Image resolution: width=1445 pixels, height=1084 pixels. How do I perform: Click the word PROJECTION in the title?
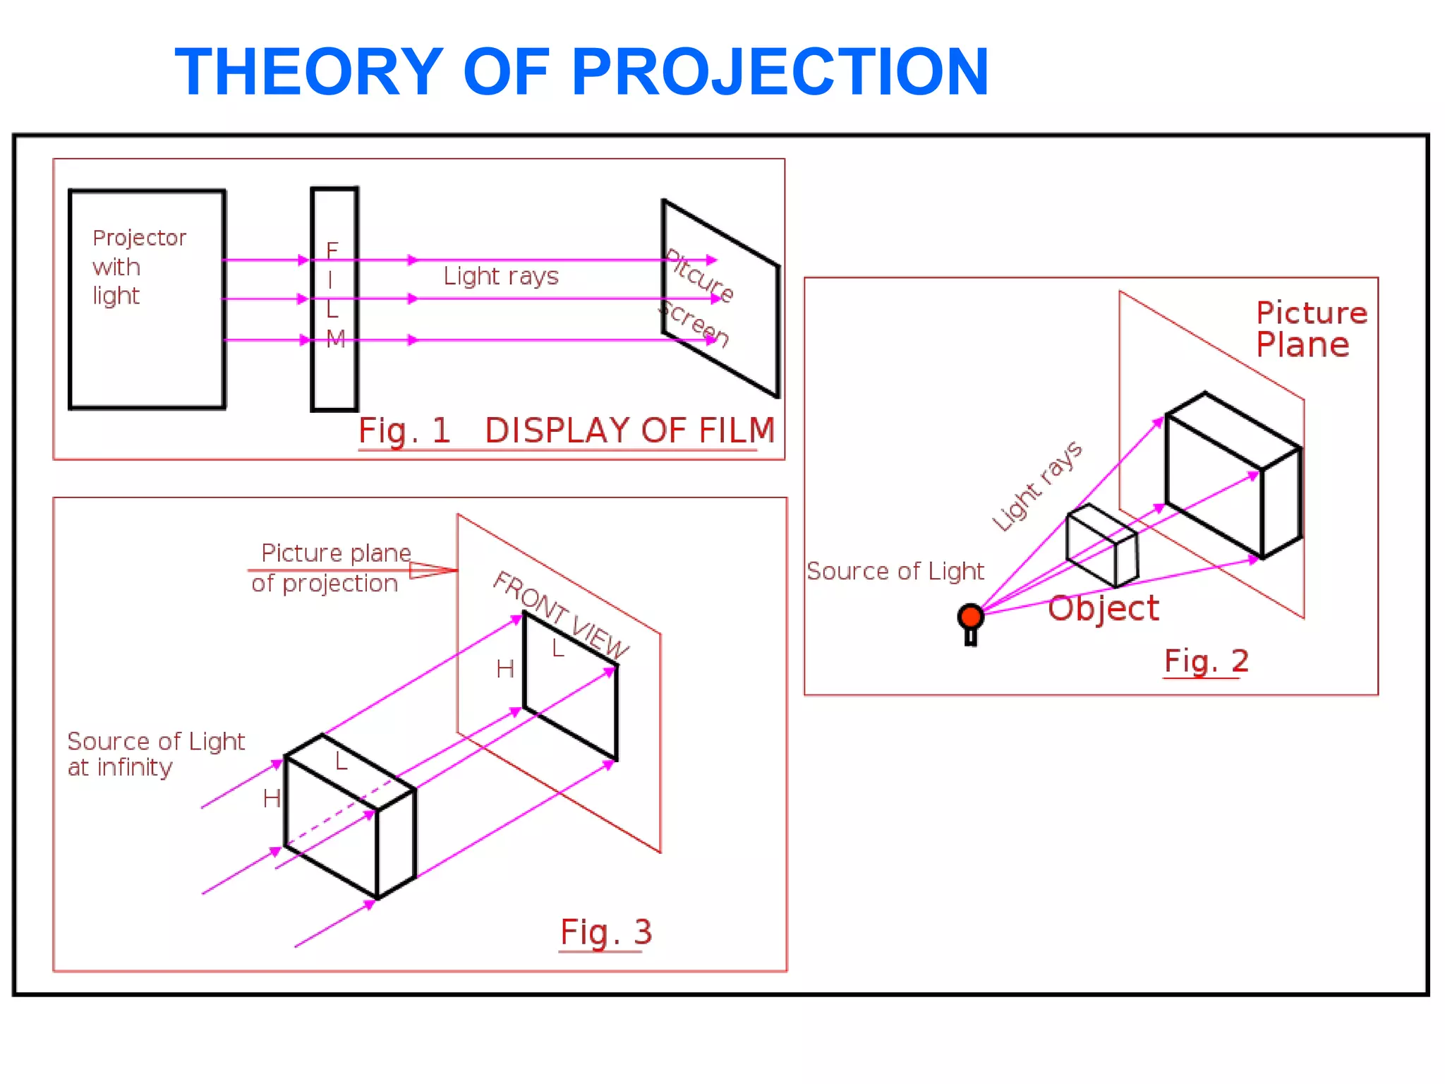[780, 72]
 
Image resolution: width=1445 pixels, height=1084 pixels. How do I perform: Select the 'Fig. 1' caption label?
[404, 430]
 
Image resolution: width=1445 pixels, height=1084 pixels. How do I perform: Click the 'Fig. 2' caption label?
[1206, 661]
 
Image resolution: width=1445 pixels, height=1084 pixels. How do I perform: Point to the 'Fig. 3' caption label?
[605, 932]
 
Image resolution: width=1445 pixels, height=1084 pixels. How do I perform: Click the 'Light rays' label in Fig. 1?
[500, 276]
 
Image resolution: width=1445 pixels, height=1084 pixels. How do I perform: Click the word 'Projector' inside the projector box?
[139, 238]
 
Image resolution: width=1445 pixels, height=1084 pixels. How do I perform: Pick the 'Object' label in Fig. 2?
[1103, 608]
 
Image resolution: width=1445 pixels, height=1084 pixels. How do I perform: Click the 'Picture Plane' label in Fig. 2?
[1310, 329]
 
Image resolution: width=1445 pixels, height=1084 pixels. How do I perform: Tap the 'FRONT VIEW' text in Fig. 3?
[561, 614]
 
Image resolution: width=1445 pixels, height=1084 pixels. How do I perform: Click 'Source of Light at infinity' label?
[155, 754]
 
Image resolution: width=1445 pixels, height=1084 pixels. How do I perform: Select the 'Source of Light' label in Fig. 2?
[895, 571]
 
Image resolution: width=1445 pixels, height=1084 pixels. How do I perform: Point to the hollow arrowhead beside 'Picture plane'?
[431, 570]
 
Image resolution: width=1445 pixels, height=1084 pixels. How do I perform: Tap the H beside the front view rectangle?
[504, 669]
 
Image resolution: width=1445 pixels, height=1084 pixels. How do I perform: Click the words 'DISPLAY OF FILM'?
[629, 430]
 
